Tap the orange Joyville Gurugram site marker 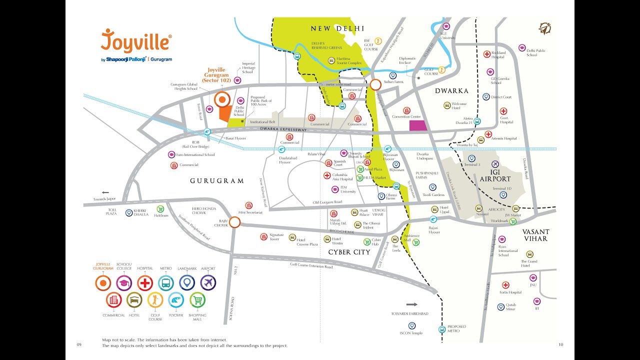[x=221, y=100]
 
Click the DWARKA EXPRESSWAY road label [x=283, y=129]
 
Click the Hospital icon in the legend [x=145, y=283]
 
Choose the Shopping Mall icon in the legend [x=197, y=300]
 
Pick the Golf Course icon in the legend [x=155, y=300]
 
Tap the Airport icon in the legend [x=208, y=283]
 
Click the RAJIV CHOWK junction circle [x=234, y=222]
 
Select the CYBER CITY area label [x=349, y=252]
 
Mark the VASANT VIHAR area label [x=536, y=235]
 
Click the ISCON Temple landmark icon [x=412, y=325]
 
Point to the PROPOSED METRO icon [x=442, y=329]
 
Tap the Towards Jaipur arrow [x=105, y=192]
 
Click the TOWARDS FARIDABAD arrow [x=411, y=304]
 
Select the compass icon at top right [x=544, y=28]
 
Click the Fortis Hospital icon [x=505, y=285]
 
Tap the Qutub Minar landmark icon [x=500, y=307]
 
